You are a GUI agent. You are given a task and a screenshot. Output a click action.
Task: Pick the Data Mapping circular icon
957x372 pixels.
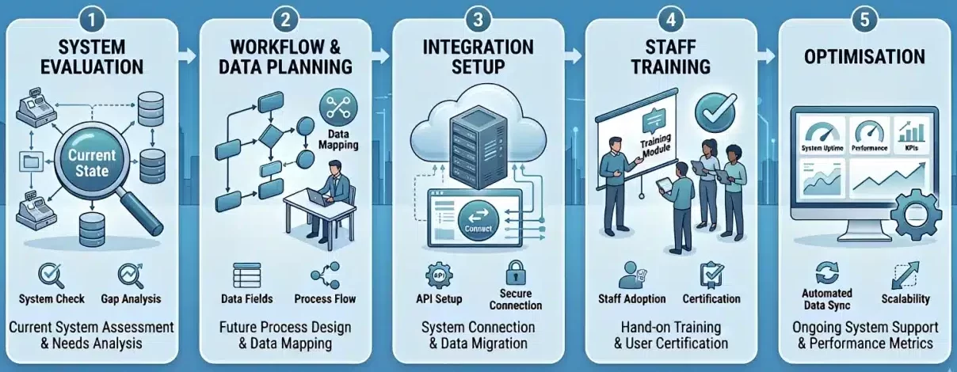[x=337, y=108]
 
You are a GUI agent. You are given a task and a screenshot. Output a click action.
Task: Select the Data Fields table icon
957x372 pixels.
[x=246, y=276]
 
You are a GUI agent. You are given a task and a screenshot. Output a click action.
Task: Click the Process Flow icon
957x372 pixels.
[x=324, y=276]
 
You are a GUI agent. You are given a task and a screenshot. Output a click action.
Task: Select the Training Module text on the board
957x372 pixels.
[x=655, y=144]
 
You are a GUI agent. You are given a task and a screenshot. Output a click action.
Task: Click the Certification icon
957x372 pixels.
[x=710, y=275]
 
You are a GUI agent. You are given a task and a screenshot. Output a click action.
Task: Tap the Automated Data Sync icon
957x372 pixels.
[x=825, y=271]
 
